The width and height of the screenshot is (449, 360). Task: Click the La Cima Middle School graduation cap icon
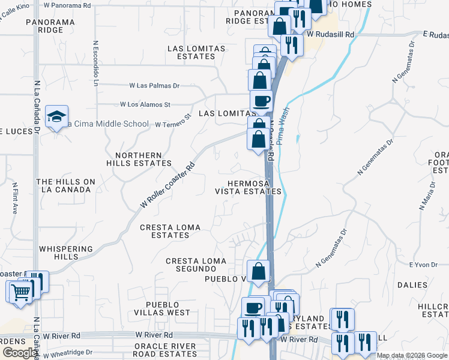coord(57,116)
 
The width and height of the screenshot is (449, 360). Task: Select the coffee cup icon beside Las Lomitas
coord(261,101)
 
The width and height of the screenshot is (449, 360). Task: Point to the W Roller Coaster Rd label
coord(168,185)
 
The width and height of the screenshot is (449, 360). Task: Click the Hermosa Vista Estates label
coord(248,187)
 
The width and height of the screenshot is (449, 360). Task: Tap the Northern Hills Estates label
coord(139,159)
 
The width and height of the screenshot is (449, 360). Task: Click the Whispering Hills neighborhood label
coord(66,253)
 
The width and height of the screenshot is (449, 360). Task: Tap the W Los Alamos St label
coord(145,104)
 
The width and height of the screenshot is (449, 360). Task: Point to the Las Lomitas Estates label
coord(196,52)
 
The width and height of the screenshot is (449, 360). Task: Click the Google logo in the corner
coord(19,353)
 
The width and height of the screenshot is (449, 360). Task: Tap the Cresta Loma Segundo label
coord(196,265)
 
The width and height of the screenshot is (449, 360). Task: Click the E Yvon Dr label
coord(420,265)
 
